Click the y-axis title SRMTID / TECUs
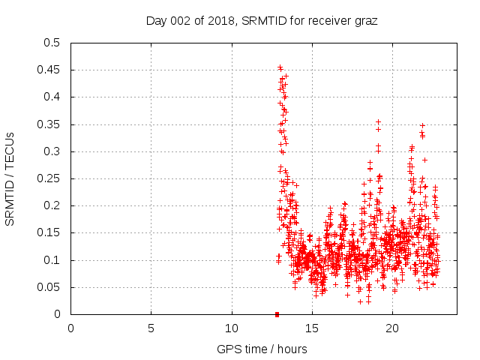(10, 178)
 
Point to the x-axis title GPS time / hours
(262, 349)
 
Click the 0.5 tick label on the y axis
(52, 43)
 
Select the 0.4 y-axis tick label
(52, 97)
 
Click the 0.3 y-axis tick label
(52, 151)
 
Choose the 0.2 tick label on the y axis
(52, 205)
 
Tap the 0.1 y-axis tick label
(52, 260)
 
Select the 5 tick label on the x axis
(151, 328)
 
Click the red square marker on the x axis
(277, 314)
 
